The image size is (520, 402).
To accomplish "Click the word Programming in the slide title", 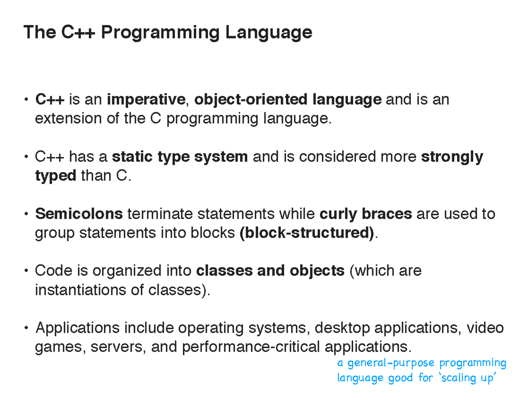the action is (x=160, y=33).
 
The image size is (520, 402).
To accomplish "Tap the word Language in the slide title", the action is (x=269, y=33).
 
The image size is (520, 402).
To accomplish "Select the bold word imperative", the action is (x=146, y=99).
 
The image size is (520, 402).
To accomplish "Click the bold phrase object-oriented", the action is (x=250, y=100).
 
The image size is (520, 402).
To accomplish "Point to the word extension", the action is (x=68, y=118).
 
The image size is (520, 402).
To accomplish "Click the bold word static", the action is (x=132, y=157).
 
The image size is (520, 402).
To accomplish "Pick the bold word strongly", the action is (x=452, y=157).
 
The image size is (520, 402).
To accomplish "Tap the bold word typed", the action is (x=55, y=176).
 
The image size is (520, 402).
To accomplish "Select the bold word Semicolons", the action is (x=79, y=213).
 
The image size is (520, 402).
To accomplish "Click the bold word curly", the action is (x=338, y=214).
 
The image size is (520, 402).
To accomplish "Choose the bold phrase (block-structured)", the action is (x=306, y=233).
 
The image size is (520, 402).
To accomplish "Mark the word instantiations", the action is (x=81, y=290).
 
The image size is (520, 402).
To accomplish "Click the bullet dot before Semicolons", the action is (x=26, y=214).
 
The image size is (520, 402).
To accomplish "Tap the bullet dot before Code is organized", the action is (x=26, y=271).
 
